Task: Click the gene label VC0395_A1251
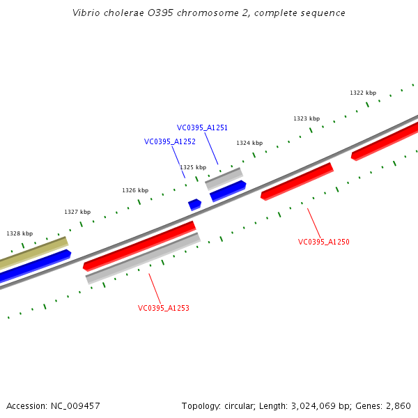202,127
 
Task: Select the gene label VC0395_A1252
169,141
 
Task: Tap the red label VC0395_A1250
323,242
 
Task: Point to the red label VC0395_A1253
163,308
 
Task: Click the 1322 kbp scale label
362,93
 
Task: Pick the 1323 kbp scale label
306,118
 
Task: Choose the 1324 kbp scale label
249,143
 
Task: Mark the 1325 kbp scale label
192,167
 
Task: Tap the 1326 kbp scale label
134,190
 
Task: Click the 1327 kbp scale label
77,212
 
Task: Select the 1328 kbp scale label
20,233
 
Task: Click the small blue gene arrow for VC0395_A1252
194,204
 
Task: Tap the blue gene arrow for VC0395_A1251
228,190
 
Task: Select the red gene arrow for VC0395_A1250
297,181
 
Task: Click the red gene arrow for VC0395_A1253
139,245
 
